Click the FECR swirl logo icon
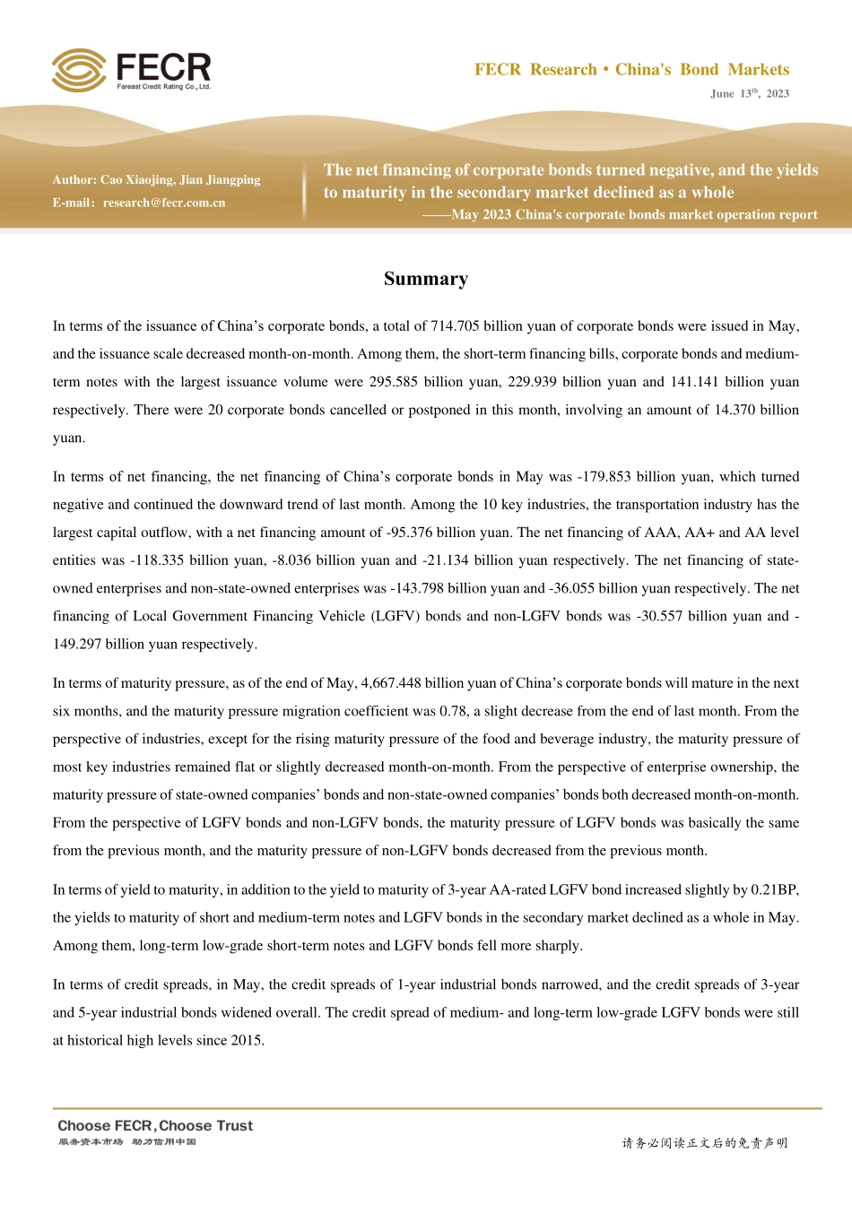pos(79,70)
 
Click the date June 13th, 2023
pos(749,93)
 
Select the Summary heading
pos(426,279)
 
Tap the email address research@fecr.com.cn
pos(164,203)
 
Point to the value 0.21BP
pos(774,890)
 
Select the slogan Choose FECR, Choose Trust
pos(155,1126)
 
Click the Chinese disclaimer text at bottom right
pos(704,1143)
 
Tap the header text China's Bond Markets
pos(702,70)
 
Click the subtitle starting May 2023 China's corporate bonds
pos(634,215)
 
